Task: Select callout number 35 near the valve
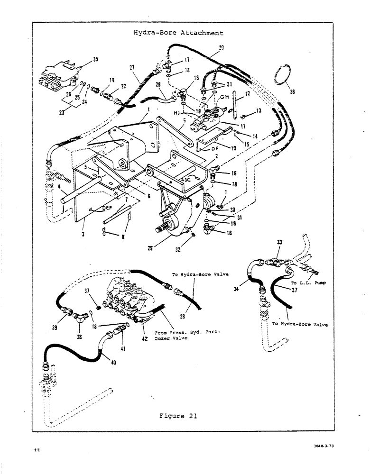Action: pyautogui.click(x=95, y=60)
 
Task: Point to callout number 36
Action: pyautogui.click(x=292, y=92)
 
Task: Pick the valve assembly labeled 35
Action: pyautogui.click(x=59, y=76)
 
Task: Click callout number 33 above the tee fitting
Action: pyautogui.click(x=279, y=242)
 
